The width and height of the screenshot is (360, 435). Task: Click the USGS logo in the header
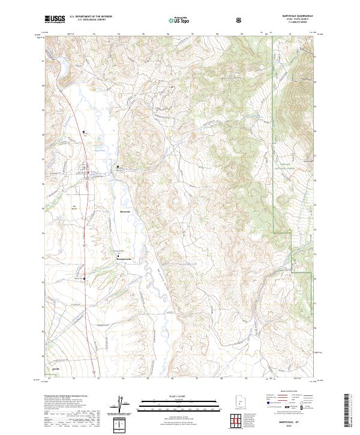pos(55,20)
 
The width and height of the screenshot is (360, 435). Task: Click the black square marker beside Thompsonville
pos(117,256)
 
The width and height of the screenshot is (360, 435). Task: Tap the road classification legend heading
pos(289,394)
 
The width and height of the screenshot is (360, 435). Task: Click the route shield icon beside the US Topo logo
pos(240,20)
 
